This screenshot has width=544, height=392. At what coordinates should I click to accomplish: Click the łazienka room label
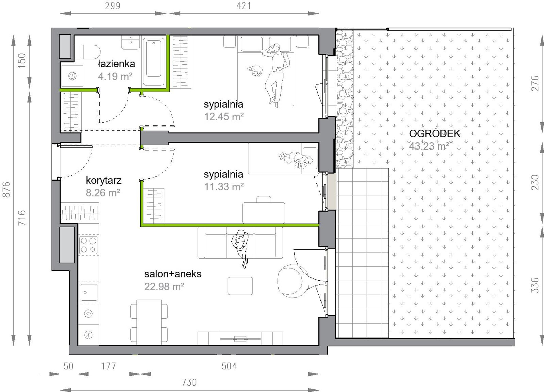(x=116, y=64)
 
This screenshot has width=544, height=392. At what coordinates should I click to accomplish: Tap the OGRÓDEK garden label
(x=435, y=133)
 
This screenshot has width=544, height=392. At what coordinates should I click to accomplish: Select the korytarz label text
(x=104, y=180)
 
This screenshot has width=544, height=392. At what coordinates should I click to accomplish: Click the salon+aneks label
(x=173, y=274)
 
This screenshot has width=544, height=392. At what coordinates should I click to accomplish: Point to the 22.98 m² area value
(x=164, y=286)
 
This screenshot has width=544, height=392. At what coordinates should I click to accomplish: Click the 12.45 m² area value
(x=224, y=117)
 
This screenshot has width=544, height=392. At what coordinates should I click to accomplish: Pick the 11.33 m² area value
(x=224, y=186)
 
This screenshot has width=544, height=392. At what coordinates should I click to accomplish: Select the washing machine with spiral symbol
(x=72, y=76)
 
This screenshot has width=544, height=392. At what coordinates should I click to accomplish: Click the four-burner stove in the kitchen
(x=88, y=245)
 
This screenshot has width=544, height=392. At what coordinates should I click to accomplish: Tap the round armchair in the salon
(x=290, y=281)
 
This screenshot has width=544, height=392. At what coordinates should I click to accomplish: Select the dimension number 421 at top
(x=244, y=6)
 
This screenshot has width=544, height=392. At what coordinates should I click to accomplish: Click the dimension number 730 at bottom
(x=189, y=383)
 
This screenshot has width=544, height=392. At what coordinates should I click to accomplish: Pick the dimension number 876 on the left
(x=6, y=189)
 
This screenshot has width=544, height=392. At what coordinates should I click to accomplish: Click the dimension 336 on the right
(x=535, y=285)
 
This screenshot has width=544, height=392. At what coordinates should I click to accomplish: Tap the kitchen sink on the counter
(x=89, y=292)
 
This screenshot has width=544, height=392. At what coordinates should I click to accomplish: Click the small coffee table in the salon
(x=240, y=286)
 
